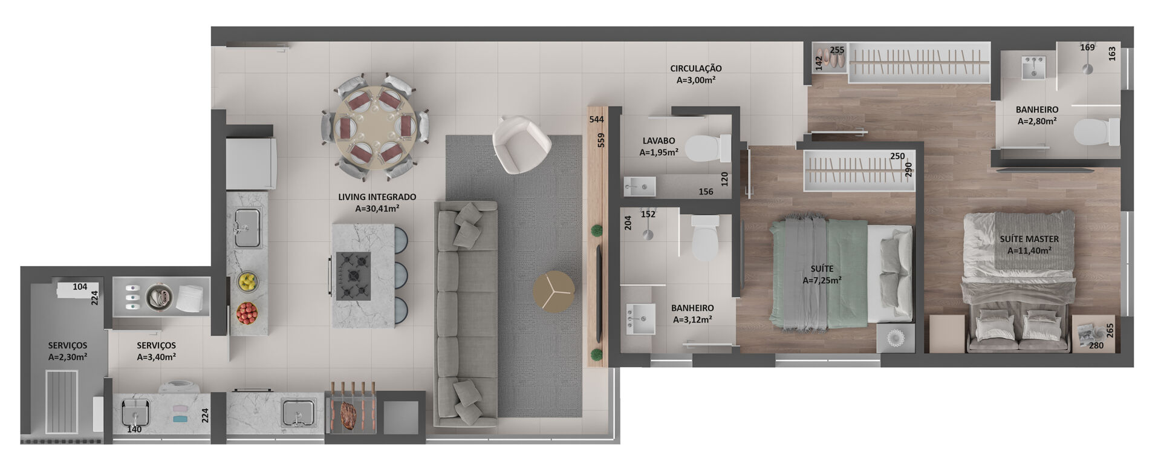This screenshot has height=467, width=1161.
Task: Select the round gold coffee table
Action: point(554,292)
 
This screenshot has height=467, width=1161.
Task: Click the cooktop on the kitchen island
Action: point(354,276)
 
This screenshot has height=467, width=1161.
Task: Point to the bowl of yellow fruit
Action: point(247,281)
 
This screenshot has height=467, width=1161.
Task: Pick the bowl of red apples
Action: point(247,313)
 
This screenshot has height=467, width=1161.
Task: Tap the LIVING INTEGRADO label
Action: point(377,197)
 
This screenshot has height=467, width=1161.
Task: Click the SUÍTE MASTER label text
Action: point(1029,239)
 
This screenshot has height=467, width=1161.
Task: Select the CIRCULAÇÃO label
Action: point(695,69)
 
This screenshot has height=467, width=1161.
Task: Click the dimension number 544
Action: point(596,120)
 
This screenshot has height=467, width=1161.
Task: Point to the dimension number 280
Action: point(1096,346)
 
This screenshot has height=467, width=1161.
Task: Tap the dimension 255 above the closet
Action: point(837,50)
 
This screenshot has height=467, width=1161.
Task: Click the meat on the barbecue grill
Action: point(350,416)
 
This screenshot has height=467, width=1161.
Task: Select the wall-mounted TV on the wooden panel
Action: point(599,292)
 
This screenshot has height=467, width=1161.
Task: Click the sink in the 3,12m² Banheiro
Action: point(640,318)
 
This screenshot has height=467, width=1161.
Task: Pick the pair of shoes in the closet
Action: point(830,59)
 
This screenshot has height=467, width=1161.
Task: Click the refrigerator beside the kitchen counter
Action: point(251,163)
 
